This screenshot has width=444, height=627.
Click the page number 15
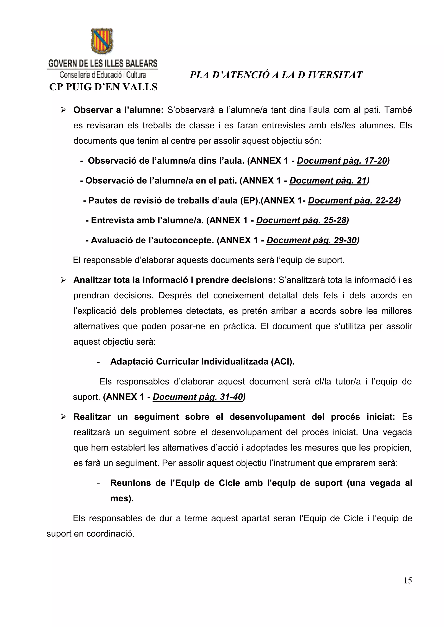407,580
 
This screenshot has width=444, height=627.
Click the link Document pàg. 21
328,181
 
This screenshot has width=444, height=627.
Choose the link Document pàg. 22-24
353,201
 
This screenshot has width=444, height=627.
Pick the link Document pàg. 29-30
312,240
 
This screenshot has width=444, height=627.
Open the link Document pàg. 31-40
198,397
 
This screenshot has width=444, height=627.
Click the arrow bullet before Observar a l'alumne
64,110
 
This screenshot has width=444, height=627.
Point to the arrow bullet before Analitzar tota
64,280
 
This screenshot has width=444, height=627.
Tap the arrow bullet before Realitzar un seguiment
64,417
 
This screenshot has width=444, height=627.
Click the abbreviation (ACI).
283,362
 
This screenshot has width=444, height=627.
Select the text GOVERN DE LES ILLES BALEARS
103,64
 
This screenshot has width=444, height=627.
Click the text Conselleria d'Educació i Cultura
103,74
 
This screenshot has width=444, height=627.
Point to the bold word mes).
122,498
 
